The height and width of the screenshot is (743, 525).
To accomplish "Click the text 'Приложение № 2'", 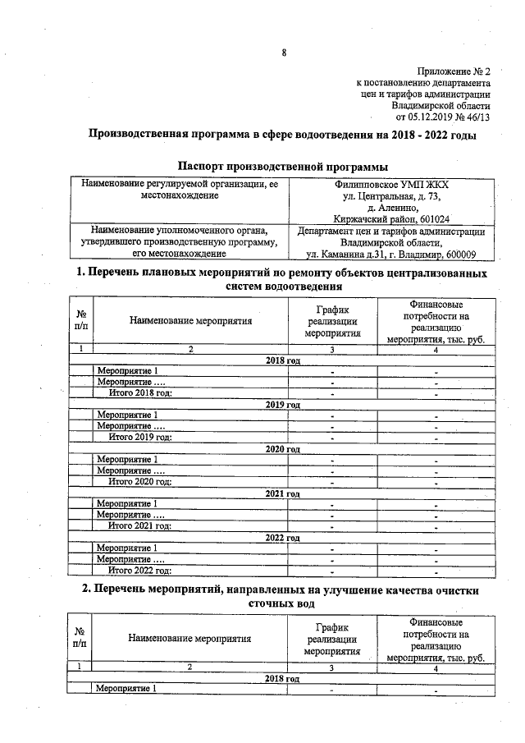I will (x=453, y=71).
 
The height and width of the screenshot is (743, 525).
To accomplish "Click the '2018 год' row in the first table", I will (x=284, y=360).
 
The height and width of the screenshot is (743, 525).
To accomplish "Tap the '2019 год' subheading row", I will (x=284, y=405).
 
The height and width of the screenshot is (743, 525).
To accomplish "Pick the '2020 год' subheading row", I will (x=284, y=449).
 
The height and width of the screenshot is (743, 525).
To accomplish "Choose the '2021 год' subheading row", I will (x=284, y=493).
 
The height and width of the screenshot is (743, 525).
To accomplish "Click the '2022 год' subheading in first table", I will (x=284, y=538).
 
